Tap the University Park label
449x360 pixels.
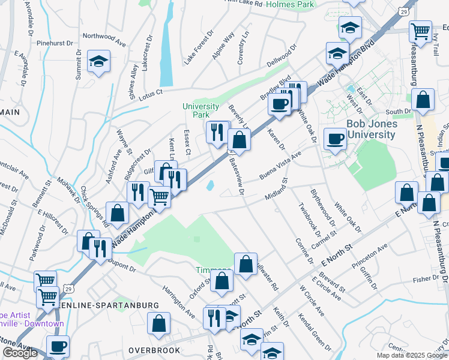(x=200, y=110)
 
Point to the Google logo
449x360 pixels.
(x=20, y=353)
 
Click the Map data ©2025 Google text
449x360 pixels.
(x=412, y=355)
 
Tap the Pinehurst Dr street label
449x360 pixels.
(x=55, y=43)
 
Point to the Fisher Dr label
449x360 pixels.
(x=426, y=278)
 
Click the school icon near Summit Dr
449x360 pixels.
(x=98, y=61)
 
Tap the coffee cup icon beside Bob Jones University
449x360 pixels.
(x=335, y=139)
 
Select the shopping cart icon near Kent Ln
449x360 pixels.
(x=159, y=196)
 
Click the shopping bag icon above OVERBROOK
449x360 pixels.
(x=159, y=324)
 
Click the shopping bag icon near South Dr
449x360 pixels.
(x=423, y=101)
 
